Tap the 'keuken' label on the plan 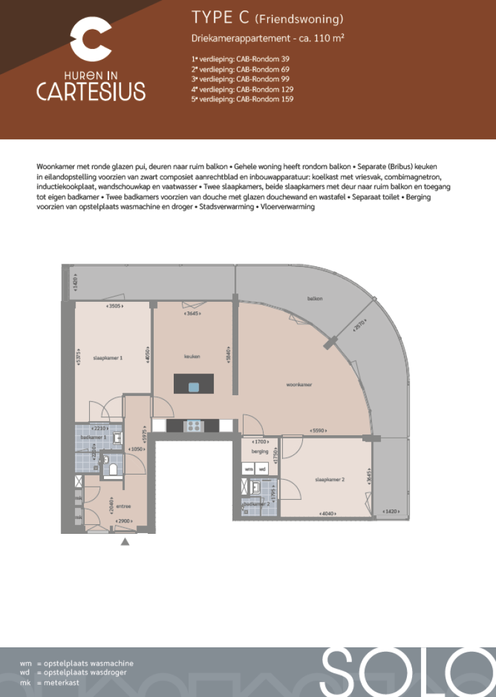click(x=192, y=356)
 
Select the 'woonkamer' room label click(x=299, y=384)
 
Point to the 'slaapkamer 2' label click(x=329, y=479)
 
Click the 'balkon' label click(x=315, y=299)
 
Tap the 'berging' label click(x=260, y=451)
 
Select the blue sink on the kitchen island click(x=194, y=387)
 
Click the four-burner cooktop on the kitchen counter click(x=193, y=426)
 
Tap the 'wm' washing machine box click(x=249, y=469)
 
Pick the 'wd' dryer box click(x=263, y=469)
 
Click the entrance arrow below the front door click(x=125, y=542)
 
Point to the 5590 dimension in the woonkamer click(x=318, y=430)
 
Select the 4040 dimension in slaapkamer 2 click(x=327, y=513)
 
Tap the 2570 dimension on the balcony click(x=360, y=327)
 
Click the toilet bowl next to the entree click(x=112, y=469)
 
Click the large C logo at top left click(x=90, y=38)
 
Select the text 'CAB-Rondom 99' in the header click(x=263, y=79)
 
